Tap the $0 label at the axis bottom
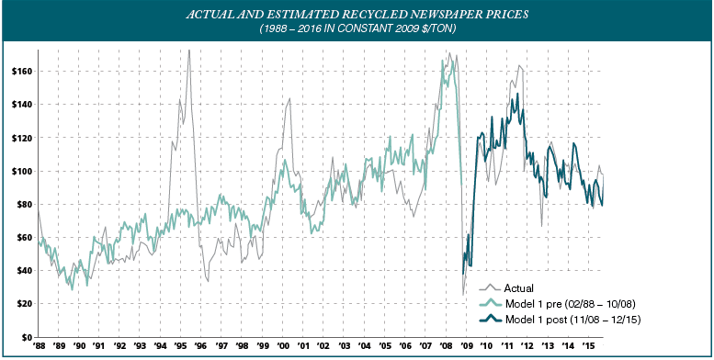tap(24, 336)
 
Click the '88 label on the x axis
tap(40, 346)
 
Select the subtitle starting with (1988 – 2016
tap(357, 30)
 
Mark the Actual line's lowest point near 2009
tap(463, 295)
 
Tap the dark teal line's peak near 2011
tap(517, 94)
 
